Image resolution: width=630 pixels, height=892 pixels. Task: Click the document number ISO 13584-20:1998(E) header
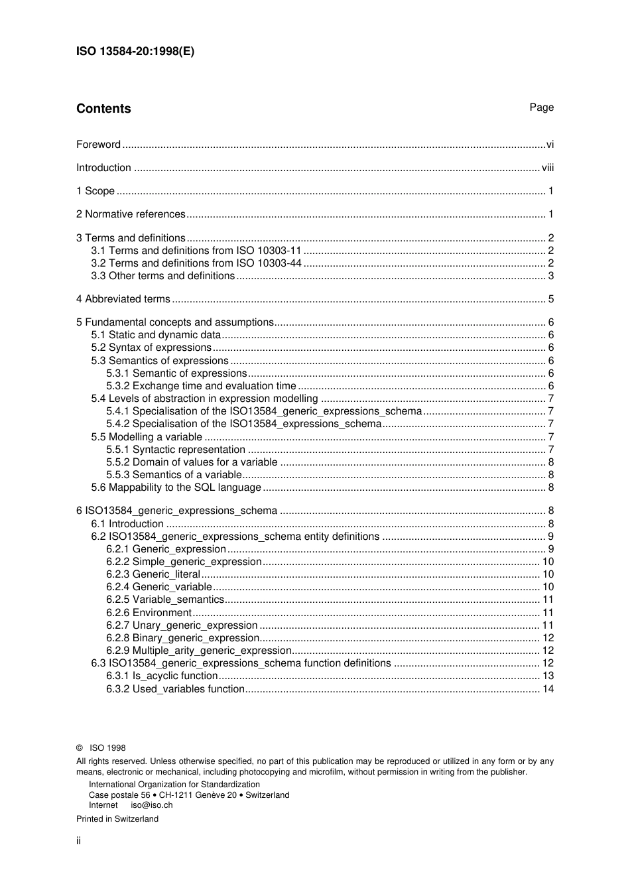tap(135, 52)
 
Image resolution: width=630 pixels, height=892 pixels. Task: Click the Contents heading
tap(103, 109)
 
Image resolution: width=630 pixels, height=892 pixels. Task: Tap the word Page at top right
tap(541, 107)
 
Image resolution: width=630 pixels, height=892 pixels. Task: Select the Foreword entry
tap(98, 145)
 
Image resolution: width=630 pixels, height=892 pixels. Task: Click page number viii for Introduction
tap(547, 168)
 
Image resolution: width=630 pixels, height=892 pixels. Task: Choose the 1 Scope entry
tap(95, 191)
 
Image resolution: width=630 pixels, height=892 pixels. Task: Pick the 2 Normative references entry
tap(131, 214)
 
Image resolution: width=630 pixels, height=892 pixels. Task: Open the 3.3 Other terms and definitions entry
tap(163, 276)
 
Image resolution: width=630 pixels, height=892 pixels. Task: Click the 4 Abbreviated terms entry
tap(123, 299)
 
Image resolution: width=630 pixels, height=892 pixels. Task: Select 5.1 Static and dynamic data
tap(157, 335)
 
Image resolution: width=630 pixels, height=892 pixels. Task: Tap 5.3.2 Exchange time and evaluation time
tap(201, 386)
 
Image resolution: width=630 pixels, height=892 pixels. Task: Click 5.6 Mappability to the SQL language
tap(176, 487)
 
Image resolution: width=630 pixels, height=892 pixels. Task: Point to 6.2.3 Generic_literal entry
tap(153, 574)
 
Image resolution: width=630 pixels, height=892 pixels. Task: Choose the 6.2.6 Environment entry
tap(149, 613)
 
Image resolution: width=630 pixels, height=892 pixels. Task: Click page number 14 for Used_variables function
tap(548, 689)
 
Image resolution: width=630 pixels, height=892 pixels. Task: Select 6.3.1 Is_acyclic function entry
tap(162, 676)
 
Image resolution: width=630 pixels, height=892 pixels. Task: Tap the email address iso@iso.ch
tap(151, 805)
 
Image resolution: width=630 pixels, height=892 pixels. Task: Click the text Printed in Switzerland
tap(117, 819)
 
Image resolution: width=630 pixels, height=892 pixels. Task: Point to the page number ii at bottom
tap(78, 841)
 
